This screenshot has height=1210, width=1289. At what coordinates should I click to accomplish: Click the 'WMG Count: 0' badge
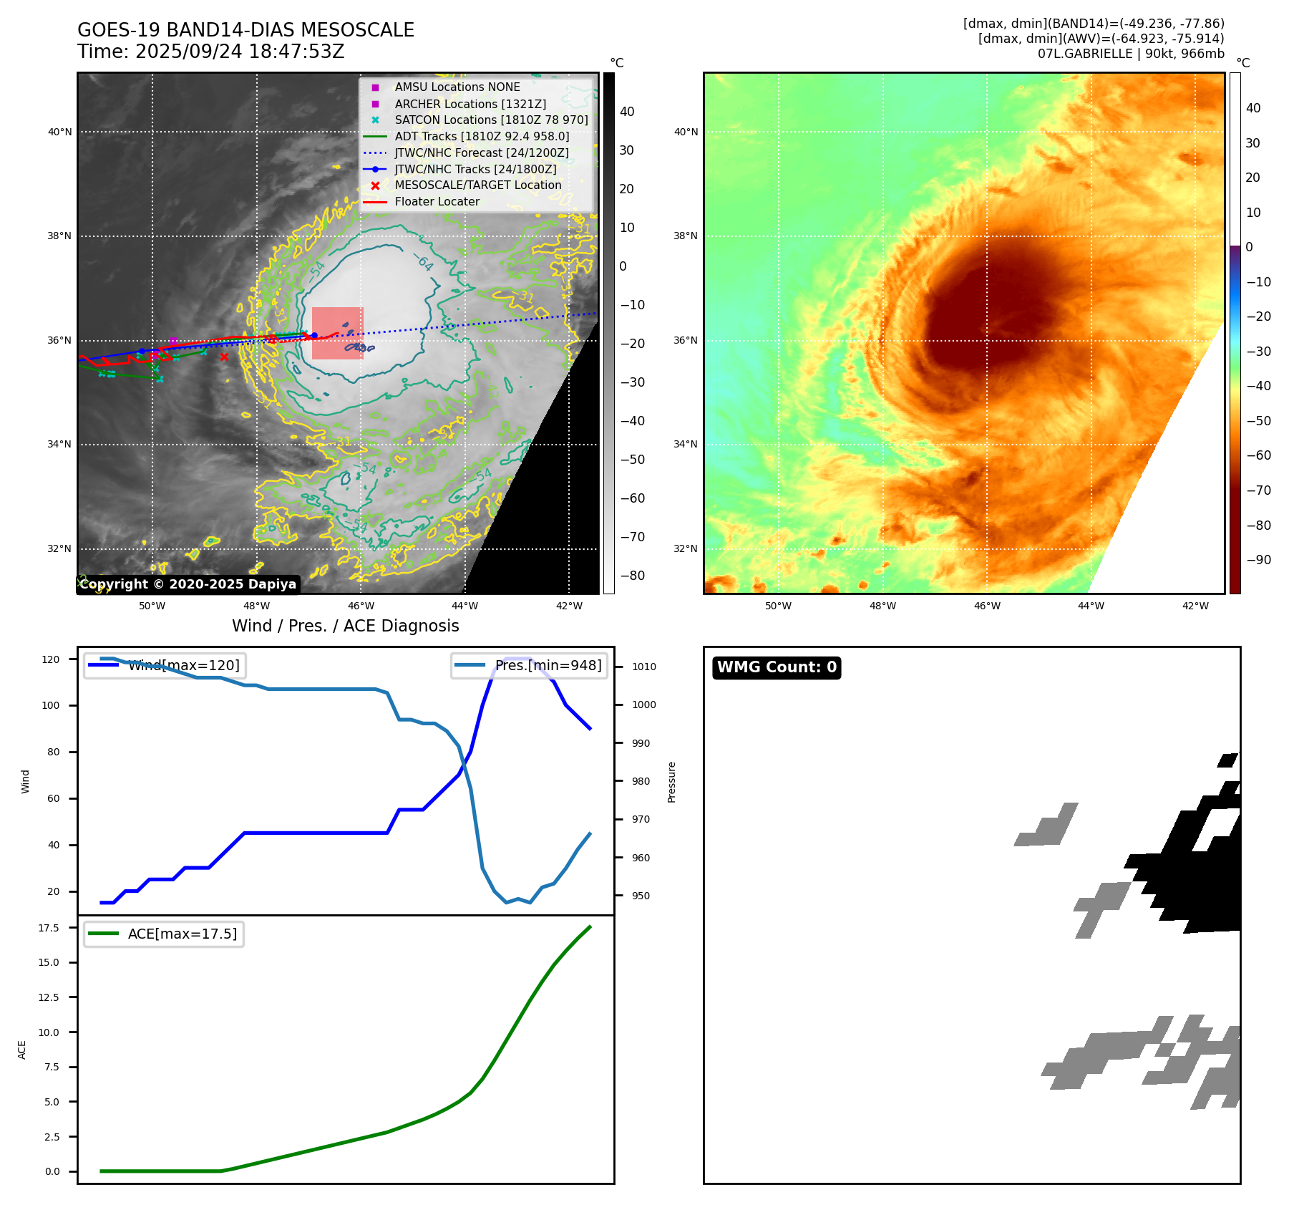[x=777, y=667]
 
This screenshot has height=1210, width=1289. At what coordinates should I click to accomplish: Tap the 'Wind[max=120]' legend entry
[x=183, y=665]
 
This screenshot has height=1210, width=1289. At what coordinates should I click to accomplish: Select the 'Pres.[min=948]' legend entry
[x=548, y=665]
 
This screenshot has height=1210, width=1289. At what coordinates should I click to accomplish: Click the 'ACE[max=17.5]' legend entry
[x=182, y=934]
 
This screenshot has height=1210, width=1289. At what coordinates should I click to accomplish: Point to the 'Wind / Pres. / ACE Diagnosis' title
[x=345, y=626]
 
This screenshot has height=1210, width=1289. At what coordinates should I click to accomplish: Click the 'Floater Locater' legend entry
[x=437, y=202]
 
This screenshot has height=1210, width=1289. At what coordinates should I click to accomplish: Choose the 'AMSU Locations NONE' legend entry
[x=457, y=87]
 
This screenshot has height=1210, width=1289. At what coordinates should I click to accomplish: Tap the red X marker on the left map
[x=224, y=357]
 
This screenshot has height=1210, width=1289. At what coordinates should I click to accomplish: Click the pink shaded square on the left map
[x=337, y=333]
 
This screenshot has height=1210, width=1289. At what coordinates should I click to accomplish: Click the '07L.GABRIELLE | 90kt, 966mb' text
[x=1131, y=54]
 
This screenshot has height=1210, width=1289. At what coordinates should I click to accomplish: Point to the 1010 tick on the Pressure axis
[x=643, y=667]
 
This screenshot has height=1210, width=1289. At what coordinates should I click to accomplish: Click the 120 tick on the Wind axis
[x=51, y=659]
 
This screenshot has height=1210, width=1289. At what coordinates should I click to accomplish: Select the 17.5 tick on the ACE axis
[x=49, y=928]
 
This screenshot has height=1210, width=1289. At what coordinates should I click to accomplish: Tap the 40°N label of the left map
[x=59, y=132]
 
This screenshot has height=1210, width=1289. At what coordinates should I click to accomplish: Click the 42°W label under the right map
[x=1195, y=606]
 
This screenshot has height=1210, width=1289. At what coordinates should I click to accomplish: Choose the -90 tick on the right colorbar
[x=1258, y=560]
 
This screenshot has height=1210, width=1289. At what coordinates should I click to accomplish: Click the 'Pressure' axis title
[x=671, y=782]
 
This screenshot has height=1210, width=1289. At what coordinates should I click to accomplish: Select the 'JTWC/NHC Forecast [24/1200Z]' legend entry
[x=482, y=153]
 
